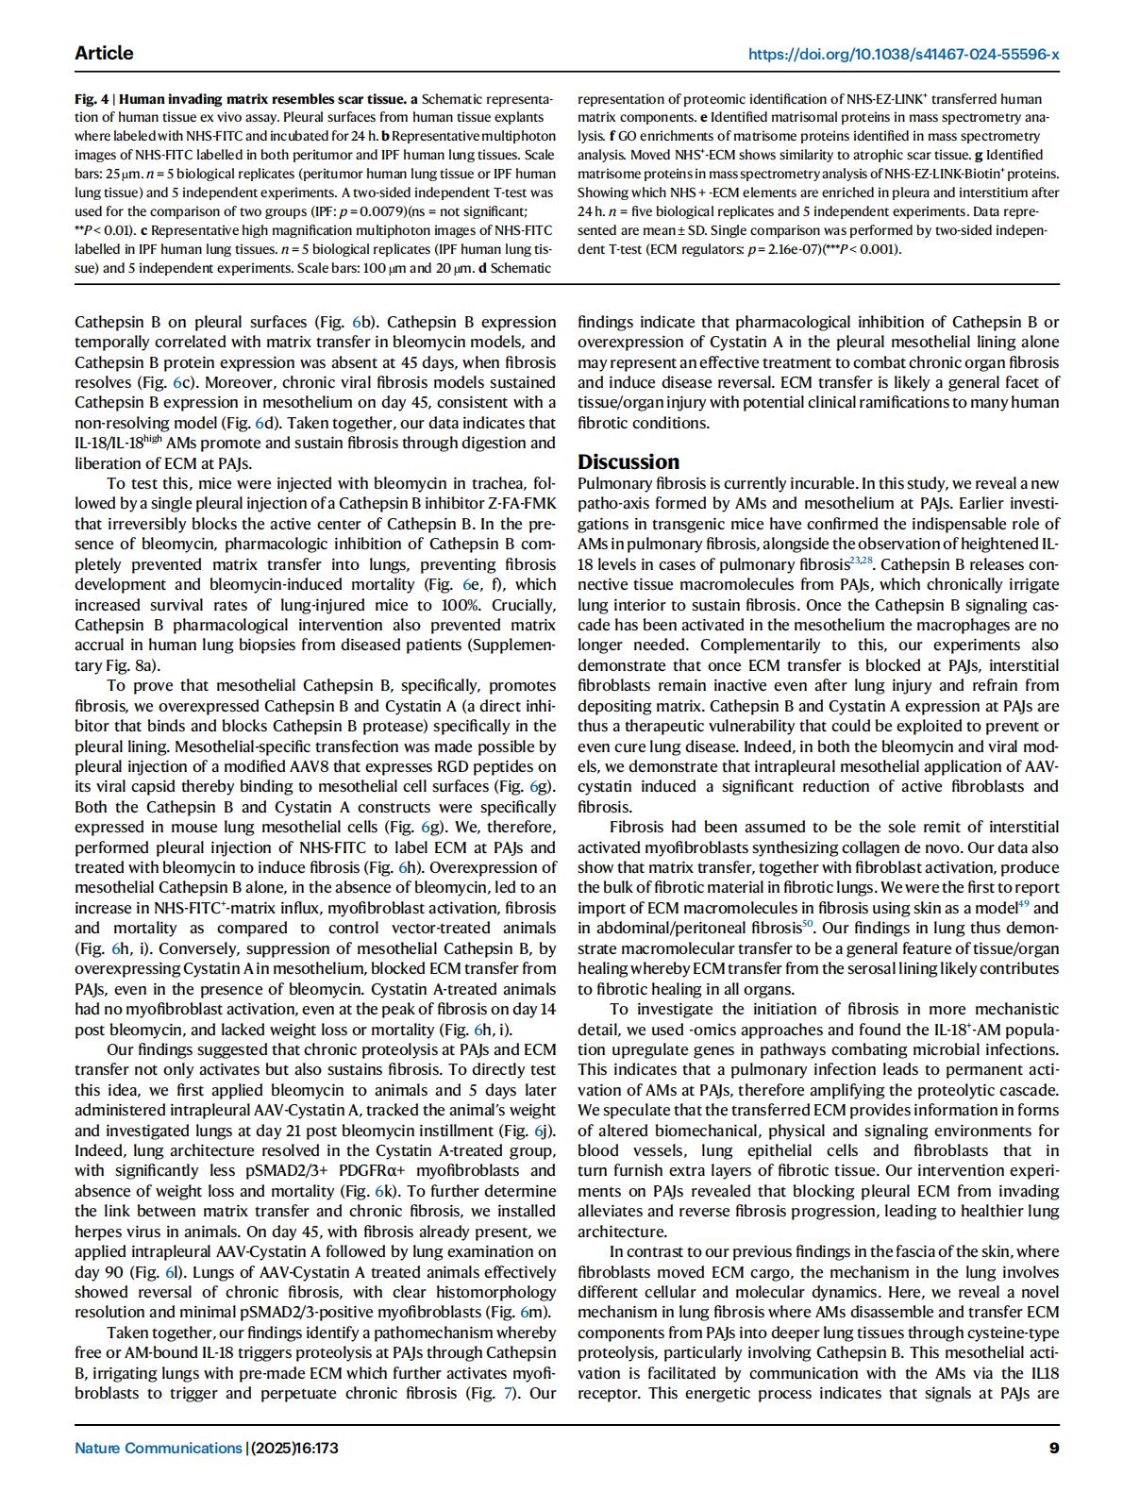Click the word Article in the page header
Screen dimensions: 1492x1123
(x=104, y=53)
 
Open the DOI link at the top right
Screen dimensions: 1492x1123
(x=903, y=54)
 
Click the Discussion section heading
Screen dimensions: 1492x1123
(x=628, y=461)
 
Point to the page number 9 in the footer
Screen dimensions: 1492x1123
(x=1053, y=1448)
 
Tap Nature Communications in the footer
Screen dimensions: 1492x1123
(x=158, y=1448)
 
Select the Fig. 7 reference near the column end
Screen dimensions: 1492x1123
(x=499, y=1393)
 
